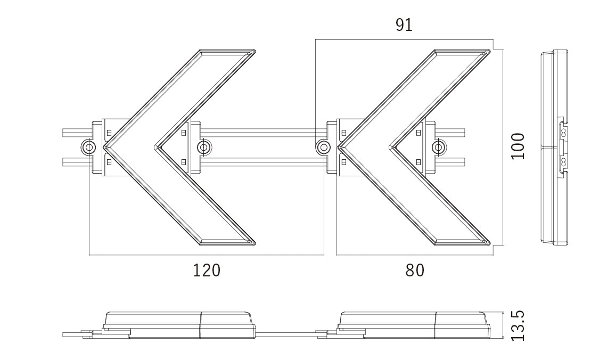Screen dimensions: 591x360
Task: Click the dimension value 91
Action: (404, 25)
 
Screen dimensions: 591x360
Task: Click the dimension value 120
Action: (207, 271)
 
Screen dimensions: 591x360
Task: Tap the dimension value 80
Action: (415, 271)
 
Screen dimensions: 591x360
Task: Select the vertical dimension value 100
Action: (518, 146)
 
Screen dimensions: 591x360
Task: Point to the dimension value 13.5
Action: (518, 326)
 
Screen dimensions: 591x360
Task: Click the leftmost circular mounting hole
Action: (88, 147)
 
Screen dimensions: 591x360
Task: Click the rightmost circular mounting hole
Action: (438, 147)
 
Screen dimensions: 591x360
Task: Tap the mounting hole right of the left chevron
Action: (204, 147)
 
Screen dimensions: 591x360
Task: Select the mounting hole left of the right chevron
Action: (323, 147)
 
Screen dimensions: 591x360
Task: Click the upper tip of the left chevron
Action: (255, 51)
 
